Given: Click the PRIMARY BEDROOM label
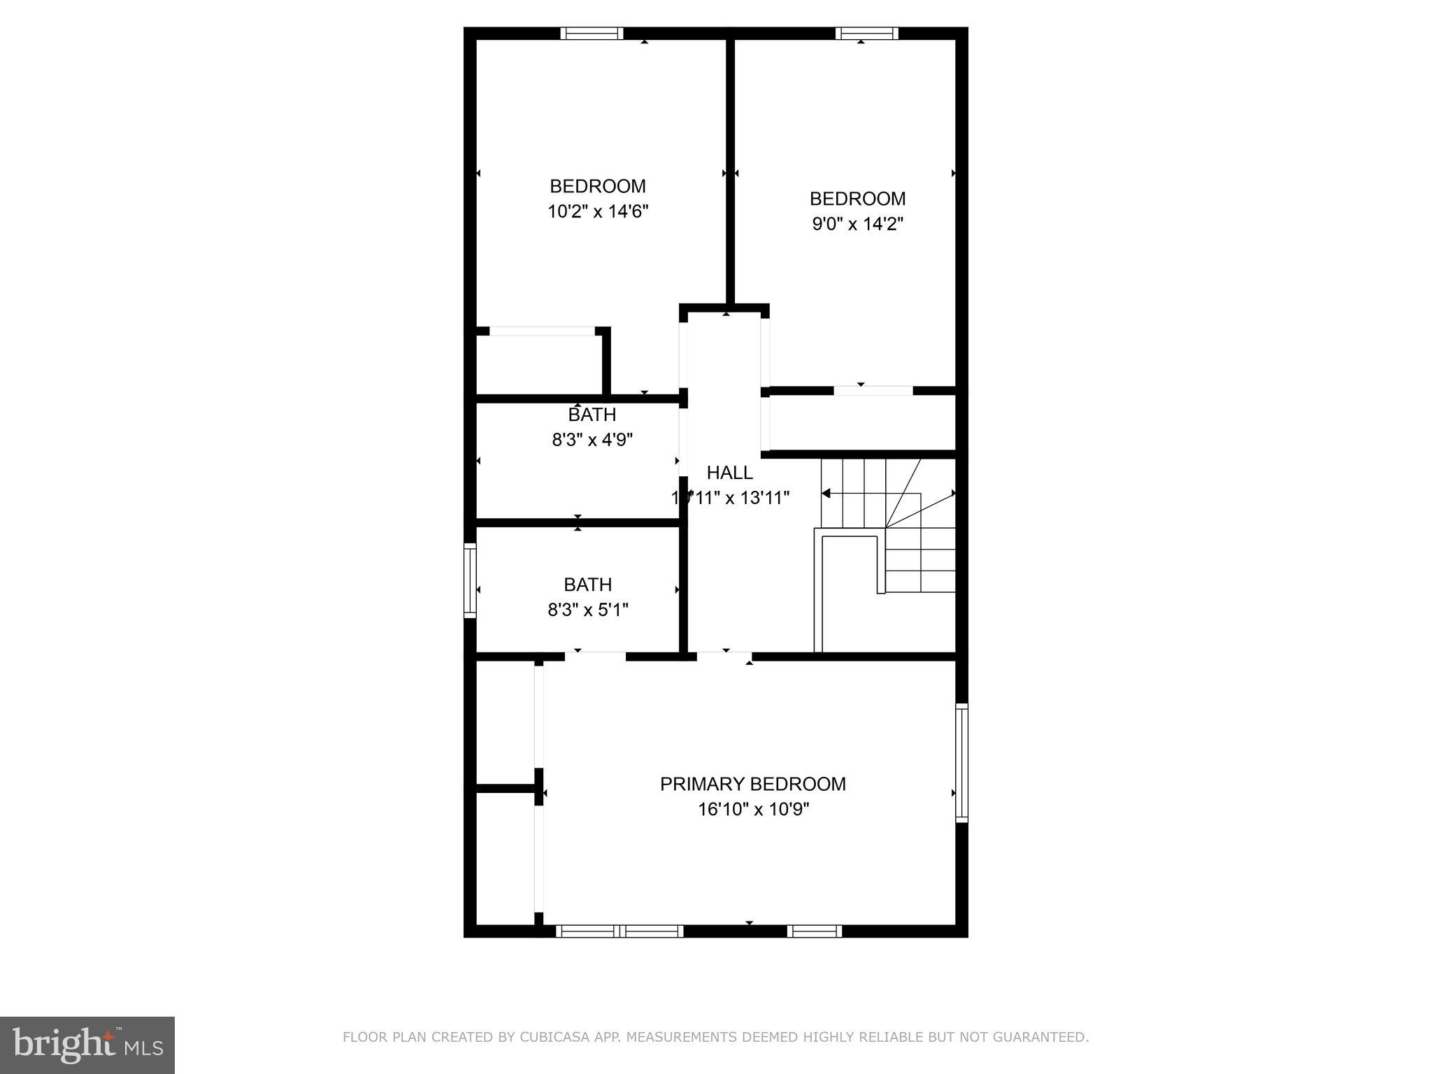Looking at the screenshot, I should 752,784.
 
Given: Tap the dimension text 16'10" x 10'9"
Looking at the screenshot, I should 753,810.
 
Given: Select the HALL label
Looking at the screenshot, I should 729,473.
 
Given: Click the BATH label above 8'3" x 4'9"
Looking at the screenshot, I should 592,415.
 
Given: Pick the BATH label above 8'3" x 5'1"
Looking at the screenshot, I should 587,585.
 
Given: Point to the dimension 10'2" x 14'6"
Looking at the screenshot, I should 597,211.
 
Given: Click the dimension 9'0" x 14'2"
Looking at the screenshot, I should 857,224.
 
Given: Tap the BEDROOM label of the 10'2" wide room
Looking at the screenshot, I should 597,186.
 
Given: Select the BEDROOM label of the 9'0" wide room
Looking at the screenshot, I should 857,199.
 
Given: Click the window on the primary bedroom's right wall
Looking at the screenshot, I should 961,761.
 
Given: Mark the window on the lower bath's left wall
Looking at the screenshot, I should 470,580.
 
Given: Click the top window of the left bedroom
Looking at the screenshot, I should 592,33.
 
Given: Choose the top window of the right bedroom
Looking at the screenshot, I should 866,33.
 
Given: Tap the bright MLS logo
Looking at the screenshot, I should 87,1045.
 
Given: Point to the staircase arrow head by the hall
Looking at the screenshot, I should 826,494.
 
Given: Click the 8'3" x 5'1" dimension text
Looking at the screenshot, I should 587,610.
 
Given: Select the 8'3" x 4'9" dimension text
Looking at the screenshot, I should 592,440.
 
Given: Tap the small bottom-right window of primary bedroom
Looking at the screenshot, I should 814,931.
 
